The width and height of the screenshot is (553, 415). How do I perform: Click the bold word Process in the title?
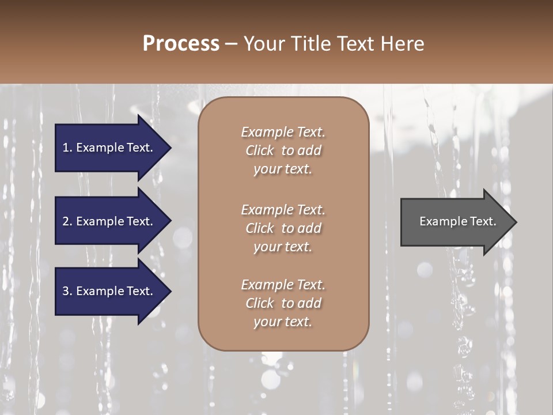pos(181,44)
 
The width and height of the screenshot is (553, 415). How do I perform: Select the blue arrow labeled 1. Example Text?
pos(109,148)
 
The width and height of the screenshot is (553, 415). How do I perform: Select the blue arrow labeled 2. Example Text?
pos(109,221)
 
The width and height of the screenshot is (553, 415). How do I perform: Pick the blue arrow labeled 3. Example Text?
pos(109,291)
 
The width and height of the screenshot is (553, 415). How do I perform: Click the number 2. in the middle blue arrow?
pos(67,221)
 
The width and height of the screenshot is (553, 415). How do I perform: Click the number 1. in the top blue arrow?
pos(67,148)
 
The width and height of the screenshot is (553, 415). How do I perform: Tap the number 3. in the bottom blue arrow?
pos(67,291)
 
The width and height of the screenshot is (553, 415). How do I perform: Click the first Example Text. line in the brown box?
pos(283,132)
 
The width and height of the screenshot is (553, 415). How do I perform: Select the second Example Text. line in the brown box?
pos(283,210)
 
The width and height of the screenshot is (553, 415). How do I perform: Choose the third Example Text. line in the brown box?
pos(283,285)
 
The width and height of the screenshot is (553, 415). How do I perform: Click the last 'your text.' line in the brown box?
pos(283,322)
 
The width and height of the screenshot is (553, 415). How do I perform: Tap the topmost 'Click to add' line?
pos(283,150)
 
